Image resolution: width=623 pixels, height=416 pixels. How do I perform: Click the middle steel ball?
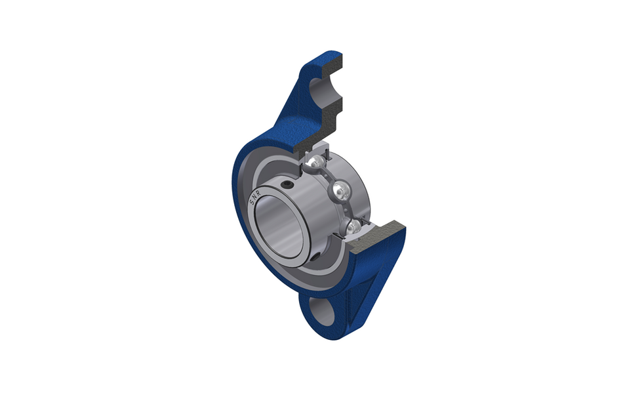click(340, 192)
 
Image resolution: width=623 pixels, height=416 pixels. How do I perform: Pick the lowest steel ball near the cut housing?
click(353, 227)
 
